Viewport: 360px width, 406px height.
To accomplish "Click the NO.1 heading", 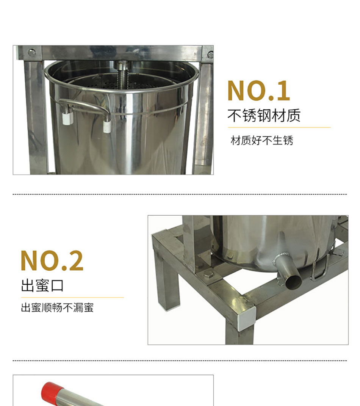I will click(258, 91).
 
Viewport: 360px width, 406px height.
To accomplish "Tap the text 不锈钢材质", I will click(264, 115).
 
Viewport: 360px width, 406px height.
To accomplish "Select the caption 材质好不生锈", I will click(262, 141).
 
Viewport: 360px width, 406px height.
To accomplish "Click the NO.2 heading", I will click(52, 261).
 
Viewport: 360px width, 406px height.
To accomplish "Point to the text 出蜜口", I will click(42, 285).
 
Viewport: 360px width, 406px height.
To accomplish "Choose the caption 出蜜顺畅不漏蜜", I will click(57, 307).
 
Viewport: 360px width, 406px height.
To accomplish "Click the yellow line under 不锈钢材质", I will click(279, 127).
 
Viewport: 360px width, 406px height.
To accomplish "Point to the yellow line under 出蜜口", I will click(72, 298).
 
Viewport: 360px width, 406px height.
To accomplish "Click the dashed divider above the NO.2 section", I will click(180, 194).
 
